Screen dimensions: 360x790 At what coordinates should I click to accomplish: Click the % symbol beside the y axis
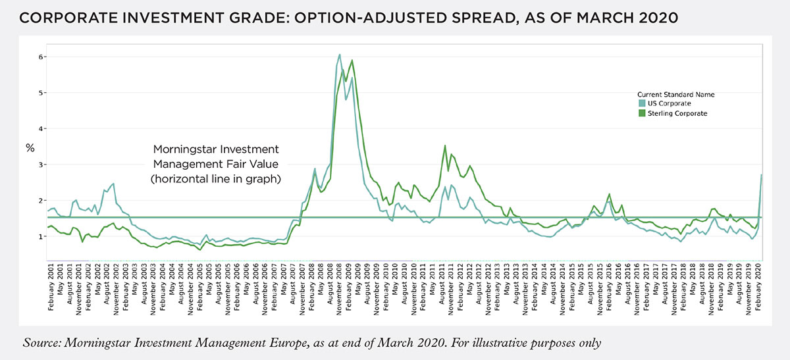pyautogui.click(x=30, y=148)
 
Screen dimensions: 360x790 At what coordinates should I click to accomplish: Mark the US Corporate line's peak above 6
pyautogui.click(x=339, y=54)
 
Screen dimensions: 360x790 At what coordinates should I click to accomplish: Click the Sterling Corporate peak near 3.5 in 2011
pyautogui.click(x=446, y=145)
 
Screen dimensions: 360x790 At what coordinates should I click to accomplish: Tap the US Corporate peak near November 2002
pyautogui.click(x=113, y=184)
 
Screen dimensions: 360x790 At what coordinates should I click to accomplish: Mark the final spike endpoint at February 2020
pyautogui.click(x=762, y=174)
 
